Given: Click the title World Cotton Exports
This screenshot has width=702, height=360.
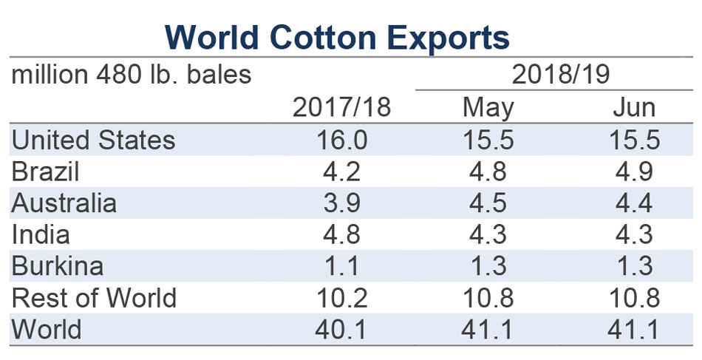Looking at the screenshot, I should tap(337, 35).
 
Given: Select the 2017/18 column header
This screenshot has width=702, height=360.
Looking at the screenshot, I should tap(341, 108).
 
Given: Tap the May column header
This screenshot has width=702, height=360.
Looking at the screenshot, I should tap(488, 108).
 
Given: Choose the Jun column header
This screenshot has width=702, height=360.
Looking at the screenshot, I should tap(634, 108).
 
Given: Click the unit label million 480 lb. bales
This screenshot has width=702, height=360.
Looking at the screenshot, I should tap(132, 75).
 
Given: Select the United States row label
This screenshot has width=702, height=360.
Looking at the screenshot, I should tap(94, 140).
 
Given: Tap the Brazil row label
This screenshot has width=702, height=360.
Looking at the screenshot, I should tap(46, 172).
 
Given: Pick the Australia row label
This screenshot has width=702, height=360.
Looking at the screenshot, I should tap(65, 203).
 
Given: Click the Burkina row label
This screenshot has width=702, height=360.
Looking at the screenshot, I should tap(58, 266).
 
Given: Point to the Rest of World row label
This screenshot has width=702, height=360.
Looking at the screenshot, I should tap(95, 298).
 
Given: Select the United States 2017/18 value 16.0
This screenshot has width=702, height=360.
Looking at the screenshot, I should tap(341, 140).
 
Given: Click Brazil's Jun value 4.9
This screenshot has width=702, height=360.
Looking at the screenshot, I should tap(634, 172).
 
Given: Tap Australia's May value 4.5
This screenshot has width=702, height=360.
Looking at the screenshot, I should tap(488, 203).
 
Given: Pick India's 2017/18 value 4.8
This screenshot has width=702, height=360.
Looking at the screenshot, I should tap(341, 235).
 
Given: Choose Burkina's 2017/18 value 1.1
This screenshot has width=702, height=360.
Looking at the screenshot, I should tap(341, 266).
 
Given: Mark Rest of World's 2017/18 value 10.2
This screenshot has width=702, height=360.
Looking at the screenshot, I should tap(341, 298).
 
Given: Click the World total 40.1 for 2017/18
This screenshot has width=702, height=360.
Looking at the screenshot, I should tap(341, 329).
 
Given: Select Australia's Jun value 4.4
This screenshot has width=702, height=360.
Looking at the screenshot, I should tap(634, 203).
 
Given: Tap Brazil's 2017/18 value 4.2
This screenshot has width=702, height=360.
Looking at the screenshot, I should tap(341, 172).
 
